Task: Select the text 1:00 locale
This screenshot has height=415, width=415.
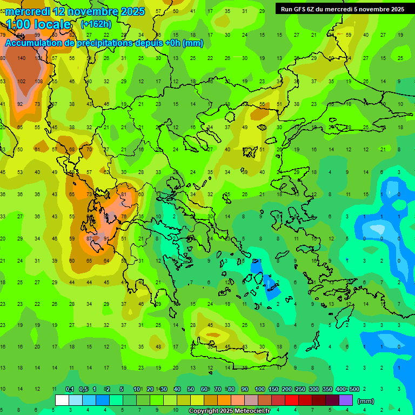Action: coord(38,24)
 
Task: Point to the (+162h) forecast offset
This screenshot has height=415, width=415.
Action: coord(97,24)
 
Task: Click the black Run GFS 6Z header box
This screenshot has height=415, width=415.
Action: coord(342,9)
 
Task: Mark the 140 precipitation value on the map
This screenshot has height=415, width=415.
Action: coord(22,58)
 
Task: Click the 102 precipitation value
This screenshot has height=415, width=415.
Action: coord(22,81)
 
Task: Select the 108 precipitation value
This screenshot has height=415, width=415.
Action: coord(38,81)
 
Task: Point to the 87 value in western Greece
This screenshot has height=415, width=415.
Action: coord(90,238)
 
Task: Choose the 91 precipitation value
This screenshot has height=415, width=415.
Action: coord(106,238)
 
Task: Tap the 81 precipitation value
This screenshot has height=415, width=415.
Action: coord(124,194)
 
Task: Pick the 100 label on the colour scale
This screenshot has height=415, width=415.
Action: coord(259,389)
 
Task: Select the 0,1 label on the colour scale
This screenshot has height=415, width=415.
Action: coord(70,389)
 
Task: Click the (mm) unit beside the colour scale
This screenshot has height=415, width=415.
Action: coord(366,401)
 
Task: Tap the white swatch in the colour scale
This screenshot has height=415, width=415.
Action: coord(62,400)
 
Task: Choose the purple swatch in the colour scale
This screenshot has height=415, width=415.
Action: coord(346,400)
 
